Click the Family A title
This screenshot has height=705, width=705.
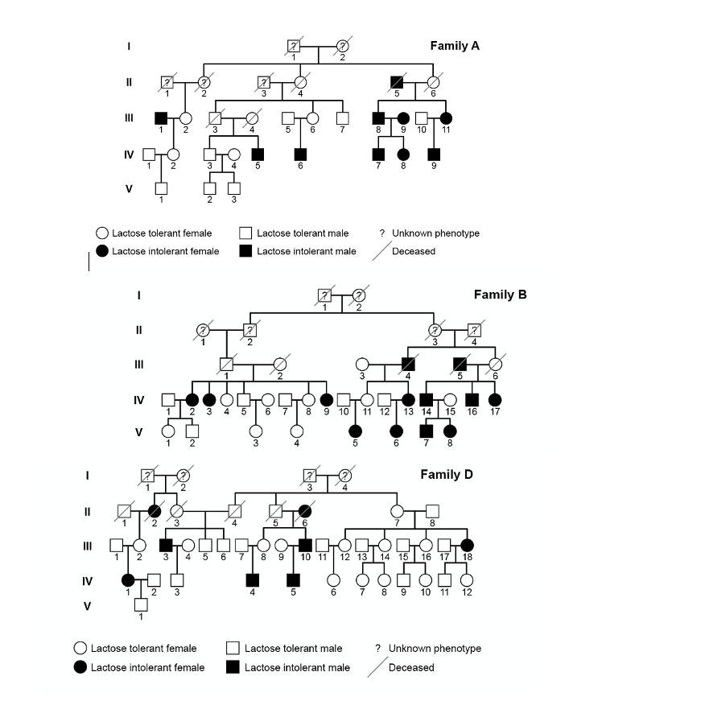coord(455,45)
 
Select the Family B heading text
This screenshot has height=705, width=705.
coord(500,295)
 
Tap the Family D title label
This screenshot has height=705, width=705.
coord(447,474)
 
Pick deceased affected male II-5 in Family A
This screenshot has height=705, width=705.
coord(396,82)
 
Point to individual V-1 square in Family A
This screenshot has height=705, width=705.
coord(161,189)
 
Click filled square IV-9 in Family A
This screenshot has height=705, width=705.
coord(434,154)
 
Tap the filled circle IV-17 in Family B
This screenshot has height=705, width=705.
coord(495,399)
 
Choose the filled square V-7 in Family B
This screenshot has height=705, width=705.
coord(426,431)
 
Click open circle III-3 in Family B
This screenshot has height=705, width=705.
coord(362,364)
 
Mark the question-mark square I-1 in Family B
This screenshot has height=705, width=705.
coord(324,295)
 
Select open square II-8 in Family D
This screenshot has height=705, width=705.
coord(432,510)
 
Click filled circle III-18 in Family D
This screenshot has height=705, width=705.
coord(467,546)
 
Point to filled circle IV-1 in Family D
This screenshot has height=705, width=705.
coord(127,579)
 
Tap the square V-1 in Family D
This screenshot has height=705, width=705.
coord(140,604)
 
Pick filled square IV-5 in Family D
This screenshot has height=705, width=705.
coord(293,579)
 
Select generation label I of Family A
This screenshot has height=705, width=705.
coord(128,46)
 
